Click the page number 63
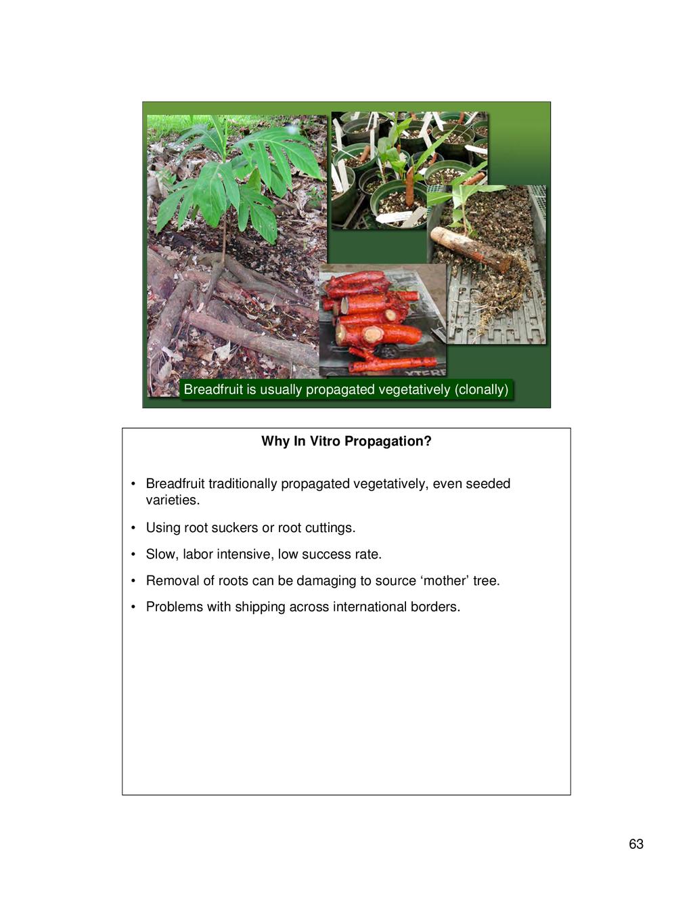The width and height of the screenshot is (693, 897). tap(635, 844)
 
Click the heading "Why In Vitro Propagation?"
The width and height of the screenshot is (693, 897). tap(346, 441)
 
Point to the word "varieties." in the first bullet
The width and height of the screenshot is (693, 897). tap(173, 500)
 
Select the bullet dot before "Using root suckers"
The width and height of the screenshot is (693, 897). tap(133, 528)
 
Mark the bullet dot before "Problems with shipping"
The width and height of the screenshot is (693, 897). tap(133, 607)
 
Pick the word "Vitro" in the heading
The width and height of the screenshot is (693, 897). tap(326, 441)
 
